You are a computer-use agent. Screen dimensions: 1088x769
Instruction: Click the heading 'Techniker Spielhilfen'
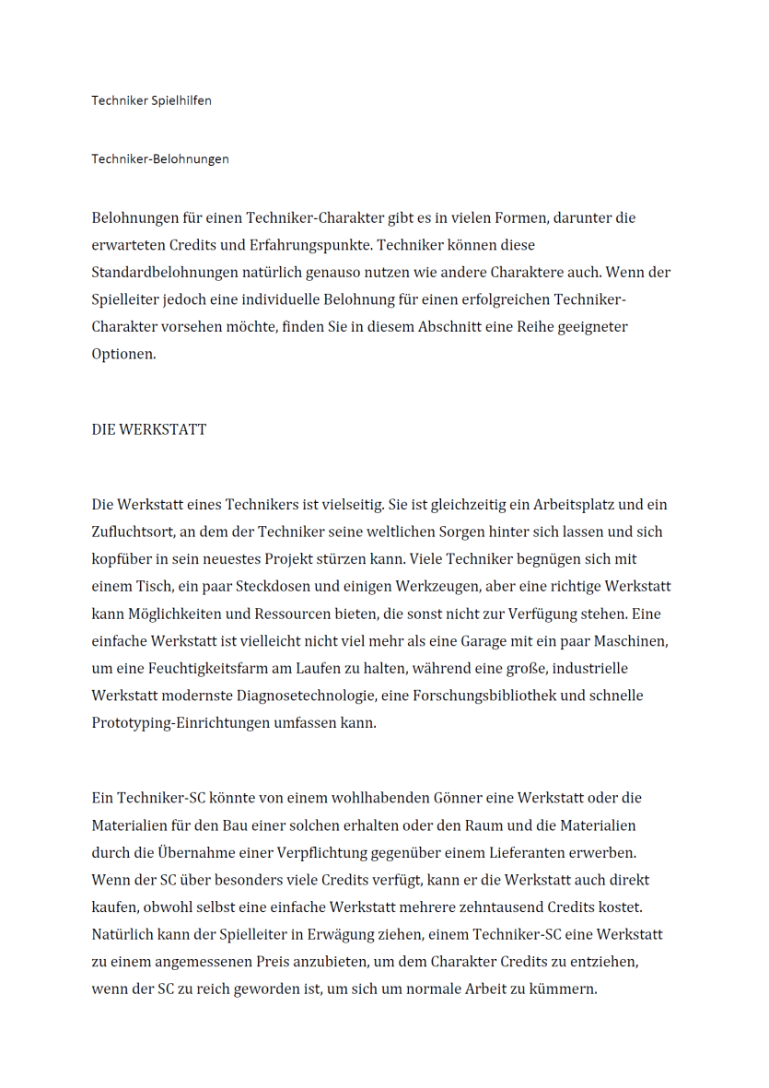(x=151, y=100)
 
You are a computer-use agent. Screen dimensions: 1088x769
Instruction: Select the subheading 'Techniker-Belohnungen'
(x=160, y=158)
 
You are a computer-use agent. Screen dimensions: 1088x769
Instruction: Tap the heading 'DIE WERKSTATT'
(x=148, y=429)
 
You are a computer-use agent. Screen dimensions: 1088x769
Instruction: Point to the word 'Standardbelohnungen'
(x=163, y=273)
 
